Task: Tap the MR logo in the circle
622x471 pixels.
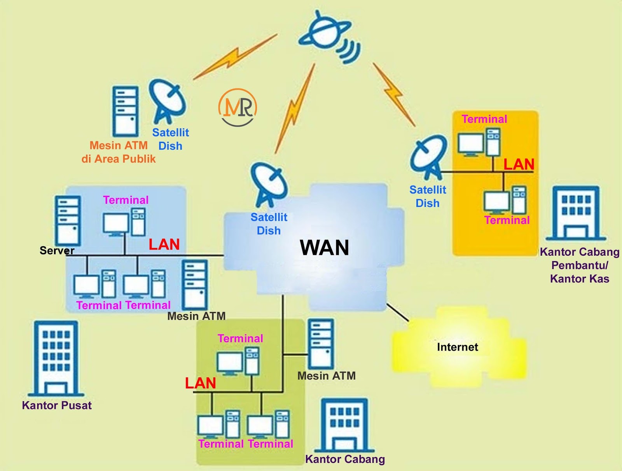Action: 238,107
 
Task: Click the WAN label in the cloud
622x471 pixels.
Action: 324,248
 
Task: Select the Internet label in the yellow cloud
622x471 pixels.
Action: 457,347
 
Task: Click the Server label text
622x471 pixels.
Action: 57,251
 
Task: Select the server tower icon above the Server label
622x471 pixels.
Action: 68,220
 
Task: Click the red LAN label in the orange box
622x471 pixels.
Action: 519,164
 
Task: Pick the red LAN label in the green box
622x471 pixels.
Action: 200,383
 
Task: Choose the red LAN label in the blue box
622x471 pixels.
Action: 164,244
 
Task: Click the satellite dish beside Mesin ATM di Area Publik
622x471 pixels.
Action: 168,101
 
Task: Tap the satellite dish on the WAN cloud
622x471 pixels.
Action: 269,184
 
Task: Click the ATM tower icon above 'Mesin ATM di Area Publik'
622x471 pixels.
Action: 125,112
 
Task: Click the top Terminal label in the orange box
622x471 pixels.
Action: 484,119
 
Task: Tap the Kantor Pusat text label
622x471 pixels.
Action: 57,405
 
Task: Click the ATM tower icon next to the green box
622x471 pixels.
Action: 321,344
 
